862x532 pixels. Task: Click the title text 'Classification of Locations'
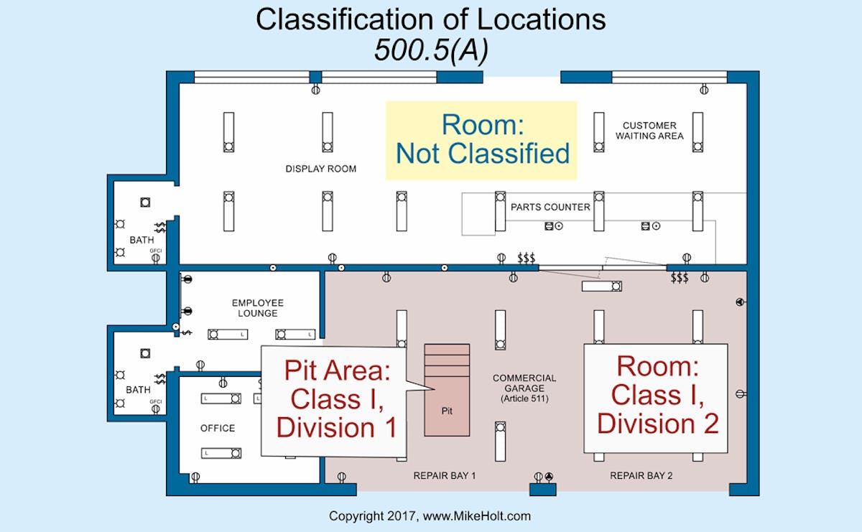click(x=430, y=19)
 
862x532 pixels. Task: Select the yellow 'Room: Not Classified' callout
click(x=482, y=139)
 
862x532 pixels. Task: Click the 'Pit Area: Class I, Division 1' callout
click(x=336, y=399)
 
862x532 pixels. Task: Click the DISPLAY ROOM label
click(x=320, y=169)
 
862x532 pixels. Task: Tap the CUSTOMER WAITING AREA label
click(x=649, y=131)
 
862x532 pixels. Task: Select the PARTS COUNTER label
click(x=550, y=207)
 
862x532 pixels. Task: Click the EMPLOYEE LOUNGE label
click(x=258, y=308)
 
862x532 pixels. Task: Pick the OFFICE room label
click(x=218, y=429)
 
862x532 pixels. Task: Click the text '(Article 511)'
click(x=524, y=398)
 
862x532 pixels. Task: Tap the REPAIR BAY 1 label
click(x=445, y=476)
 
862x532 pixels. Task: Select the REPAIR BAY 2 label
click(x=641, y=476)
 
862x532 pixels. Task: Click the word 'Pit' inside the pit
click(x=447, y=412)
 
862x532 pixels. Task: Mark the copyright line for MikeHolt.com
click(x=430, y=516)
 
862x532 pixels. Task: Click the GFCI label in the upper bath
click(x=155, y=251)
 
